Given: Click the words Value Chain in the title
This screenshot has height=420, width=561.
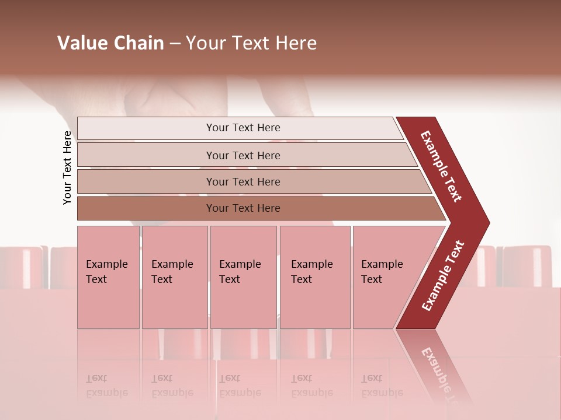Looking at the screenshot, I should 110,43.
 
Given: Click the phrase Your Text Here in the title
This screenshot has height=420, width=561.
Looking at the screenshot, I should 251,43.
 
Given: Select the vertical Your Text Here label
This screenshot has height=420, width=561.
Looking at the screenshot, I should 67,167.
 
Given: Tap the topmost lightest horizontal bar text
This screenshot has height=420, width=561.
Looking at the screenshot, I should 243,128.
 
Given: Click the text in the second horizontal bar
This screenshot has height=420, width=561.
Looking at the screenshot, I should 243,156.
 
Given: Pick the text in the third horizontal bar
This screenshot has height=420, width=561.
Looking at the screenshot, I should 243,182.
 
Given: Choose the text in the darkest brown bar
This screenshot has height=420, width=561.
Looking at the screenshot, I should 243,208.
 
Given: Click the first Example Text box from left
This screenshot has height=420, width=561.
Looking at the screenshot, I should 107,272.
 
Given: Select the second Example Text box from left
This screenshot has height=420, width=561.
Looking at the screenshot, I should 172,272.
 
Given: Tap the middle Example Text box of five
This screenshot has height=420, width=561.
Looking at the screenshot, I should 240,272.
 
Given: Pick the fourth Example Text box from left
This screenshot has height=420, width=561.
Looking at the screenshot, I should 312,272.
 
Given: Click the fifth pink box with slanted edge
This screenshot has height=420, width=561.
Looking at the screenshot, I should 383,272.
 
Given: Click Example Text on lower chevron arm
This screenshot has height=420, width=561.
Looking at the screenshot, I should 443,275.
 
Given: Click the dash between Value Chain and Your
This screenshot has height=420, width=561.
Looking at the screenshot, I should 175,44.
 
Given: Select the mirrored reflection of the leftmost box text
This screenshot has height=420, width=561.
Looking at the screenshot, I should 107,386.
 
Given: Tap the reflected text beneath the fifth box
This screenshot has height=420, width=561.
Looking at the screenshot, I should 382,386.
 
